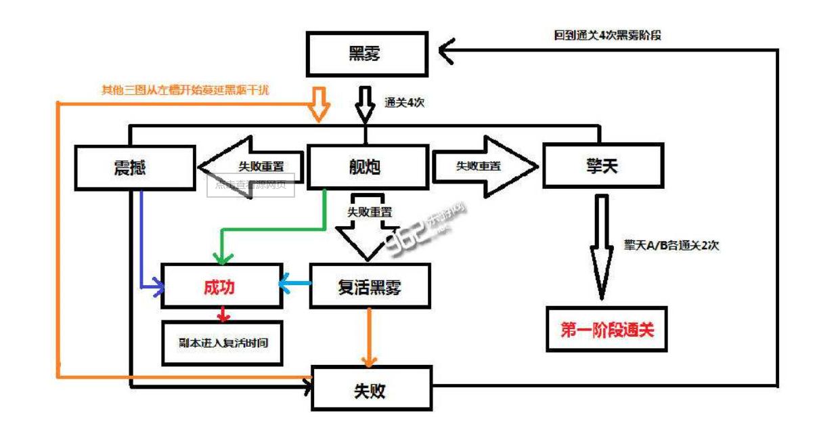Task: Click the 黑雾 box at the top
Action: click(367, 54)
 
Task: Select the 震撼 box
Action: click(135, 167)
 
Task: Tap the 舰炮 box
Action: click(368, 167)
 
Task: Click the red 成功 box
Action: click(219, 287)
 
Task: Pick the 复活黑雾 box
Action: click(370, 287)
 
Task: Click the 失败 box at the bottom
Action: click(371, 390)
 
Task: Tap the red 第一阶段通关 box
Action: click(606, 330)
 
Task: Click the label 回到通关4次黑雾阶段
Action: click(607, 35)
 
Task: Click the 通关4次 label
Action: click(404, 103)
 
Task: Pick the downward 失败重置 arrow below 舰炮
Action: click(370, 230)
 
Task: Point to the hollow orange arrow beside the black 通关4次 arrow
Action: click(319, 104)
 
